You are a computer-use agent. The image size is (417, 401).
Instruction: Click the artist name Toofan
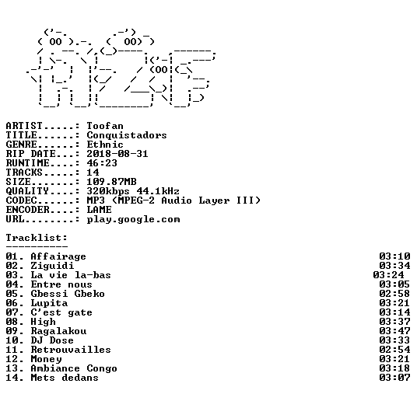point(105,126)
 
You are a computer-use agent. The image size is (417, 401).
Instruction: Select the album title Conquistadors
point(127,135)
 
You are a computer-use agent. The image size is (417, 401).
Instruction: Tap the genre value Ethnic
point(105,145)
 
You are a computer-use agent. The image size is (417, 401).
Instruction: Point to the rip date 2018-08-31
point(117,154)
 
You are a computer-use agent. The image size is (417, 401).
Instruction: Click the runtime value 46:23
point(102,163)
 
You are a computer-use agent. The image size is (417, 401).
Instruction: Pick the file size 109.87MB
point(112,182)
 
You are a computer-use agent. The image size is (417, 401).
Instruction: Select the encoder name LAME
point(99,210)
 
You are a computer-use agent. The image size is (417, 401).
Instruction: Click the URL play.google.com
point(134,219)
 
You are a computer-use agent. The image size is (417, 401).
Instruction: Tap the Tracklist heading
point(37,238)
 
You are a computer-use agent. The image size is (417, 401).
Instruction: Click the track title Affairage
point(58,256)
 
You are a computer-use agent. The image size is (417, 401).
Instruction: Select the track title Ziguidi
point(52,266)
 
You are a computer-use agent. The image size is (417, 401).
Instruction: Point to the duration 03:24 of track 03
point(388,275)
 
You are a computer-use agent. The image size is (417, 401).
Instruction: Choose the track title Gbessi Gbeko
point(68,294)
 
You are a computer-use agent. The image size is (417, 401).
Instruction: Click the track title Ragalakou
point(58,331)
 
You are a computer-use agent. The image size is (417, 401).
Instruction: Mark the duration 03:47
point(395,331)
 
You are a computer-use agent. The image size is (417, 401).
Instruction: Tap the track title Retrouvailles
point(71,350)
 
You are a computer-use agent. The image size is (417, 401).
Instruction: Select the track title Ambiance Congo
point(74,368)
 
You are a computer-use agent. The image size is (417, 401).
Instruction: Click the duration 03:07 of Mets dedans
point(395,378)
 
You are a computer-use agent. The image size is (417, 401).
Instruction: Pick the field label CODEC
point(22,200)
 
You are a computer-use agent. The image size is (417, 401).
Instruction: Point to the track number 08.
point(12,322)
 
